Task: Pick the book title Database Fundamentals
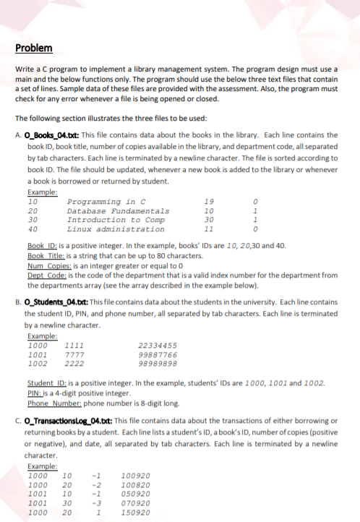[x=118, y=210]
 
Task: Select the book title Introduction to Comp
[x=116, y=219]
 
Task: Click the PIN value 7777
[x=74, y=355]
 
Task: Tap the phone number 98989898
[x=157, y=364]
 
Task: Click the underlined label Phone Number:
[x=53, y=402]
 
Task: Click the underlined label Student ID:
[x=46, y=383]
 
